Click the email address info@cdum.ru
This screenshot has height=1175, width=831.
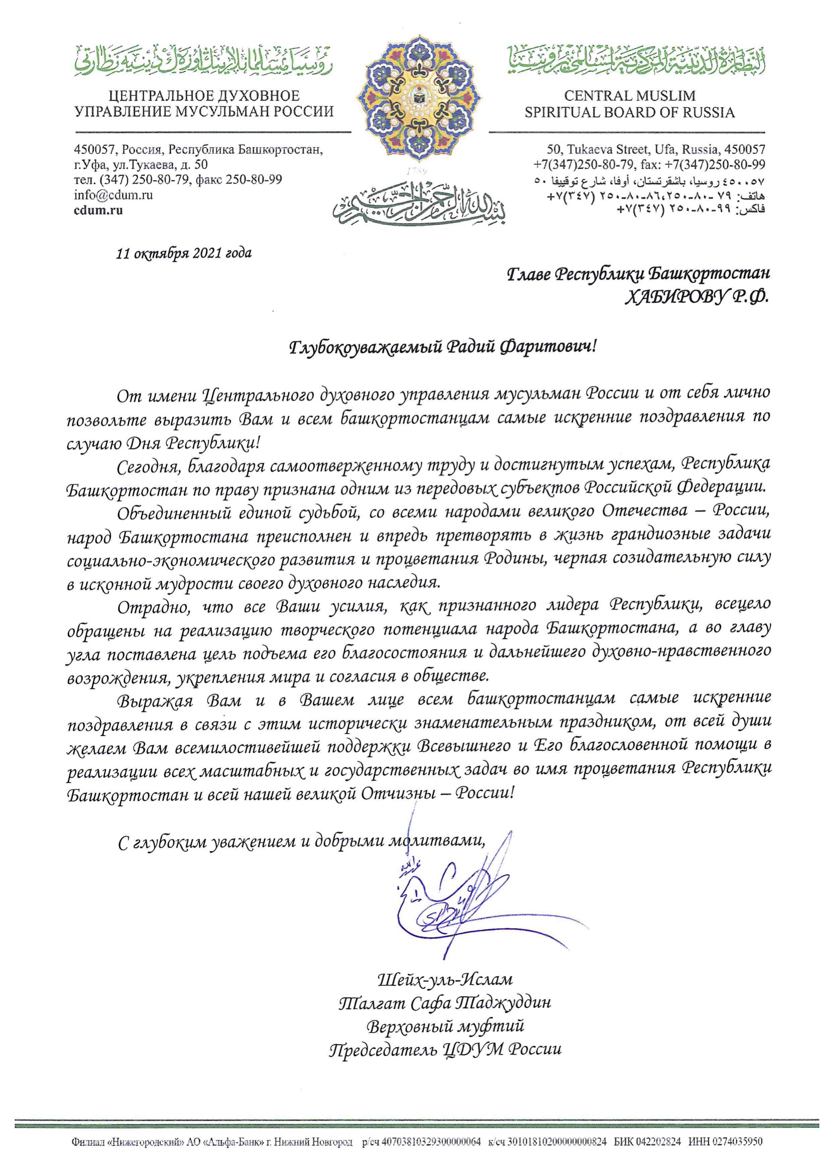[x=114, y=195]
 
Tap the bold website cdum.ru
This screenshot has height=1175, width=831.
[x=99, y=210]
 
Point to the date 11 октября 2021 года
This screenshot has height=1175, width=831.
[x=184, y=253]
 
